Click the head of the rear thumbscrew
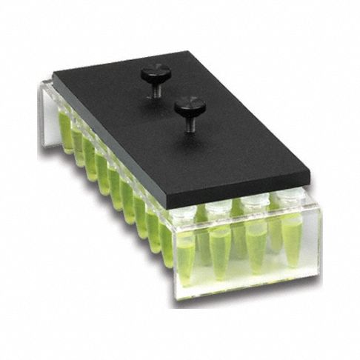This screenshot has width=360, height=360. (x=156, y=72)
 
